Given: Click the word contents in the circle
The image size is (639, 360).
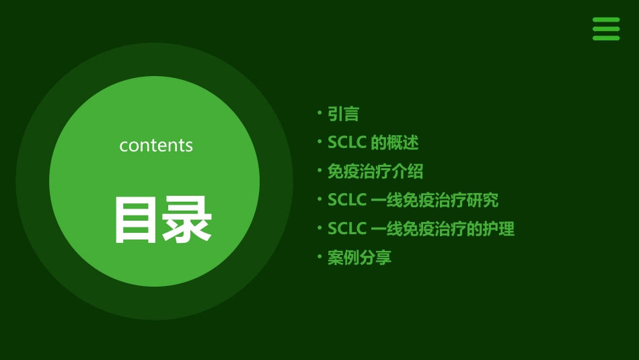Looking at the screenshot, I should coord(156,145).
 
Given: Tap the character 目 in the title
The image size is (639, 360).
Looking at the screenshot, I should coord(137,219).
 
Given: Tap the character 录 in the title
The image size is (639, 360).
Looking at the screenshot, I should coord(188,219).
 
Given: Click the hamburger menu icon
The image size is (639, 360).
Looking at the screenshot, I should coord(606,29).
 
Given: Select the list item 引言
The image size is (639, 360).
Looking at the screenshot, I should coord(343,114).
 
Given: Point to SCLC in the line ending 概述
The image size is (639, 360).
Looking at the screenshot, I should coord(346,143).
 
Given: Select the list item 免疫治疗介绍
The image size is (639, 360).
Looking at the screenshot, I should coord(375,172).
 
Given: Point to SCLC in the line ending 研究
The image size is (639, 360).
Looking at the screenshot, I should coord(346,200).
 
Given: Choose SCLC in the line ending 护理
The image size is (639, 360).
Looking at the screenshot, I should coord(346,229).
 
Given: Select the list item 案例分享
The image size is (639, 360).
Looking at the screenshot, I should coord(359,258).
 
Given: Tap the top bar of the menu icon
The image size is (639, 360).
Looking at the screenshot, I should coord(606,20).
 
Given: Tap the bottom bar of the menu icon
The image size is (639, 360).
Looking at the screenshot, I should coord(606,38).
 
